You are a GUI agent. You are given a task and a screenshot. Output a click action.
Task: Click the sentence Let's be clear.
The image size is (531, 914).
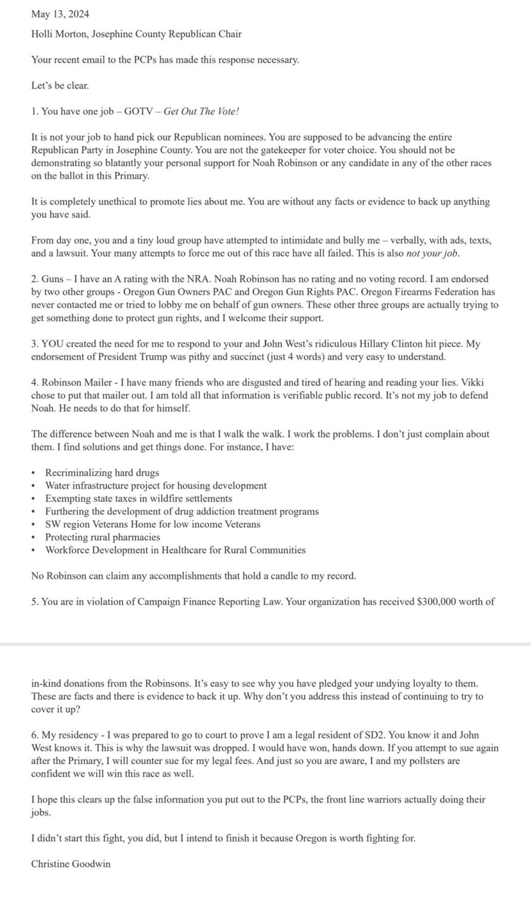click(60, 86)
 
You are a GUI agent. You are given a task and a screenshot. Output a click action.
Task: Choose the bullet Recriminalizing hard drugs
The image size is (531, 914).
click(102, 472)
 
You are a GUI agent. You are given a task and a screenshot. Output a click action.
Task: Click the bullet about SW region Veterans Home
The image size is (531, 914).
click(152, 524)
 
